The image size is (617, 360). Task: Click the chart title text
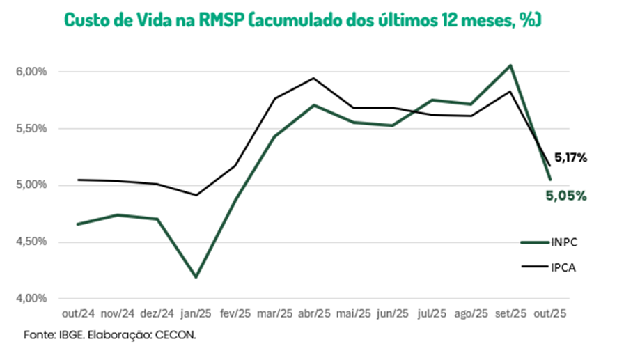(x=302, y=19)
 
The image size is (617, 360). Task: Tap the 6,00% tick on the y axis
(x=31, y=72)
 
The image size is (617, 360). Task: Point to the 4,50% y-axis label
(x=31, y=242)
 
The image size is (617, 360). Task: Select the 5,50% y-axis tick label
(x=31, y=129)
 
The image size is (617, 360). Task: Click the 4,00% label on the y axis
(x=31, y=299)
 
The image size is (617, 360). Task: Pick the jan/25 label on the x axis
(x=196, y=314)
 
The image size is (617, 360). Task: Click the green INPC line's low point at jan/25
(x=196, y=277)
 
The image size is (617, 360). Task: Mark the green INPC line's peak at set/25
(x=510, y=65)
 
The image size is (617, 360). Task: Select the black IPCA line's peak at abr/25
(x=314, y=78)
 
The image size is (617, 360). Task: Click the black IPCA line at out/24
(x=78, y=180)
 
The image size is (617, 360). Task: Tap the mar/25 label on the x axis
(x=275, y=314)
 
